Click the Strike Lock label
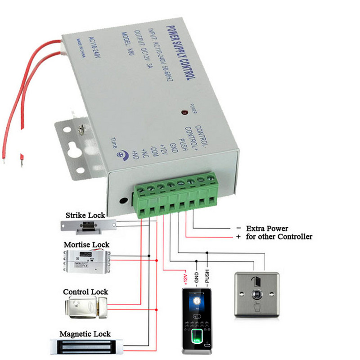click(x=88, y=215)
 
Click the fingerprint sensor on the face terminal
click(x=196, y=336)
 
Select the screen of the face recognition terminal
click(x=196, y=301)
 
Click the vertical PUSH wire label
click(x=207, y=275)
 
